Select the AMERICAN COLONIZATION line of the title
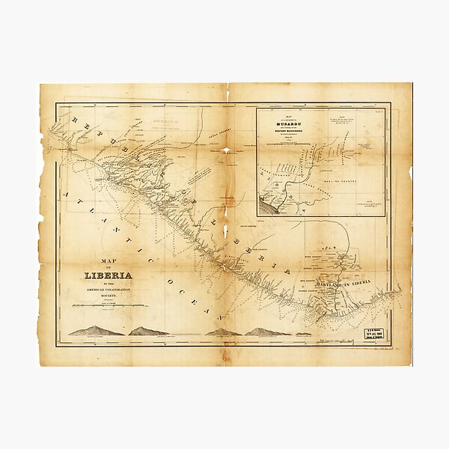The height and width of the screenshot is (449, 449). pyautogui.click(x=109, y=290)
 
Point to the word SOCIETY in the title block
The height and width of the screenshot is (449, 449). pyautogui.click(x=109, y=296)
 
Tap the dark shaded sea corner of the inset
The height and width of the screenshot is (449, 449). pyautogui.click(x=267, y=205)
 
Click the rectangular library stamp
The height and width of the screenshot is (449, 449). pyautogui.click(x=376, y=334)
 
